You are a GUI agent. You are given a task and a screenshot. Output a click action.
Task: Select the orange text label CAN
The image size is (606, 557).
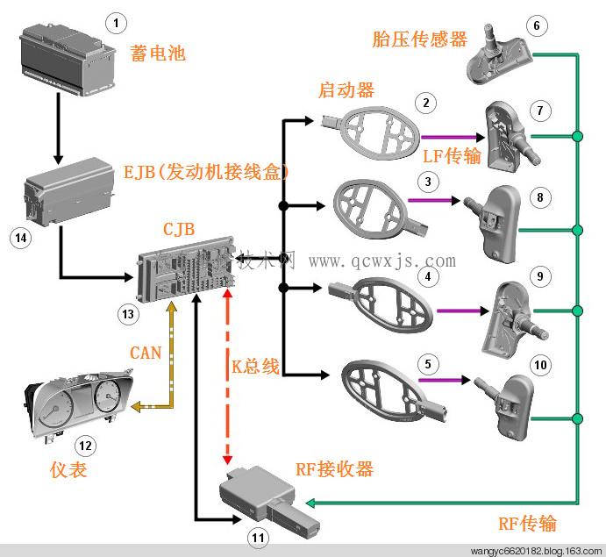click(145, 353)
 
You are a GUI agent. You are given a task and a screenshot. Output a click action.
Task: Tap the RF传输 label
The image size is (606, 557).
click(527, 524)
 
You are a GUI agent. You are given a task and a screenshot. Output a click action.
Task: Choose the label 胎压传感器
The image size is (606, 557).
click(419, 39)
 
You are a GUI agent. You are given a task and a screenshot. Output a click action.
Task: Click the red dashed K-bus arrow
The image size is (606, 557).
click(227, 377)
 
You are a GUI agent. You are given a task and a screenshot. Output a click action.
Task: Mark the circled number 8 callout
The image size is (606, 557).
click(540, 197)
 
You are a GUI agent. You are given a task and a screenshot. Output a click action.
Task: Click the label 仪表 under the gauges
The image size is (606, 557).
click(68, 470)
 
